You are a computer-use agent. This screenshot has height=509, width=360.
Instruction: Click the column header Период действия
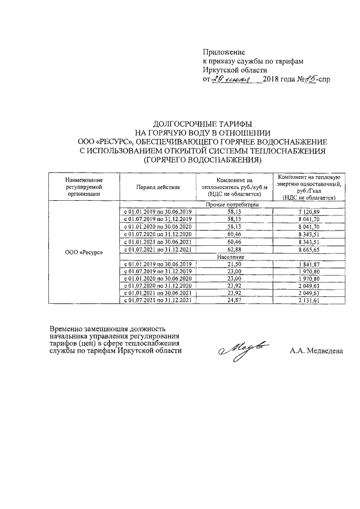pos(158,187)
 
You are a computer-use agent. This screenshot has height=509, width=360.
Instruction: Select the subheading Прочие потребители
pos(232,205)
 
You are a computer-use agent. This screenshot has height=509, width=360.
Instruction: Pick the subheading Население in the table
pos(232,256)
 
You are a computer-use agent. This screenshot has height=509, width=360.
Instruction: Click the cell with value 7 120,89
pos(309,211)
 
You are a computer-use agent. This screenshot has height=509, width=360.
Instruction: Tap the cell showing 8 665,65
pos(309,249)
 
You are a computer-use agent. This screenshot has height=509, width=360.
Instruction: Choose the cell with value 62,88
pos(232,249)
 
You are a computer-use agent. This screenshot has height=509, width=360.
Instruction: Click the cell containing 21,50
pos(232,263)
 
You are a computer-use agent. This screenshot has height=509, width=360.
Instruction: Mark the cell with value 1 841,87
pos(309,263)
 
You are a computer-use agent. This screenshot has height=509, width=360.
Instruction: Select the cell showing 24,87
pos(232,301)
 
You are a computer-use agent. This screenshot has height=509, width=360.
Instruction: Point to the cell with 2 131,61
pos(309,301)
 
